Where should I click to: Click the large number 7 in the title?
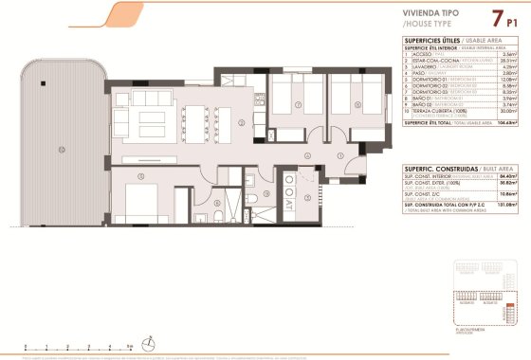pyautogui.click(x=496, y=18)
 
